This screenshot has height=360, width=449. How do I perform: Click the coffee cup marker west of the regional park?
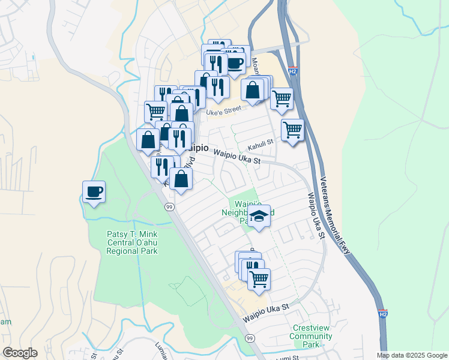coord(93,192)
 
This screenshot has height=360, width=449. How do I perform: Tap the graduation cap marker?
coord(259,216)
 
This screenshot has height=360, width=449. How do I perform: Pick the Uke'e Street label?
coord(223,110)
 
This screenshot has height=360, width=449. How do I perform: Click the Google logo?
coord(20,353)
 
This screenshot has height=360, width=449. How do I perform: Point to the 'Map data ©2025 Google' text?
coord(412,355)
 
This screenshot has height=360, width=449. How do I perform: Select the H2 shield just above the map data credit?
coord(383,314)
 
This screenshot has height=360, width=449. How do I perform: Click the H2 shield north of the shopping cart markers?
coord(293,71)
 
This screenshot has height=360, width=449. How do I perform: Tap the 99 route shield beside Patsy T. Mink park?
coord(170,206)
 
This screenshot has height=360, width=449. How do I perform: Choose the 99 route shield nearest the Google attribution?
coord(249,339)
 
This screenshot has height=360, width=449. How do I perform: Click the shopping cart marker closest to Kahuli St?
coord(292,129)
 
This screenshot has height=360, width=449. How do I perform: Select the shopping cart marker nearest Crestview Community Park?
coord(259,278)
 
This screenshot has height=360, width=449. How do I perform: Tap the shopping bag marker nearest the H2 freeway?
coord(253,90)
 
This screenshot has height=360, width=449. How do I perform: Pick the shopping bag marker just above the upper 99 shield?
coord(181,178)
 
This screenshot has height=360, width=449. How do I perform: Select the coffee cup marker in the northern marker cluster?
coord(235,62)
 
